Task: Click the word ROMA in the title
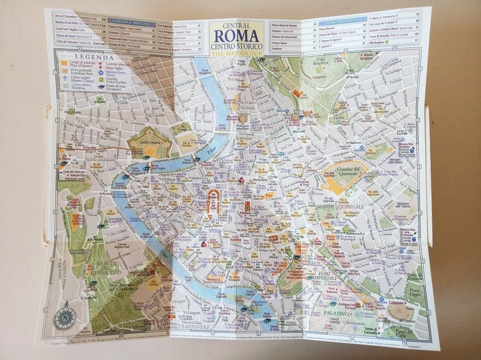point(236,36)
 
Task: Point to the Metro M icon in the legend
point(101,71)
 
